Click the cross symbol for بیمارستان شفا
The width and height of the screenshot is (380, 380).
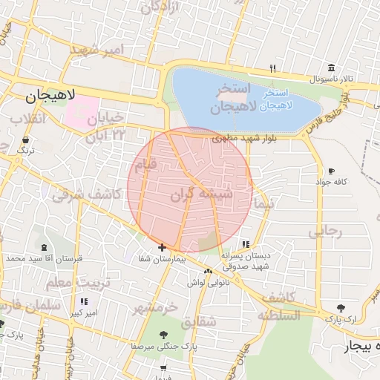pyautogui.click(x=162, y=247)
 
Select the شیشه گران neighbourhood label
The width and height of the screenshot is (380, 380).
pyautogui.click(x=201, y=194)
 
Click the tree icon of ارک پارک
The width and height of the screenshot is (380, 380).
pyautogui.click(x=341, y=307)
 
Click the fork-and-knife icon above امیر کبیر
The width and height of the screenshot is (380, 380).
pyautogui.click(x=84, y=301)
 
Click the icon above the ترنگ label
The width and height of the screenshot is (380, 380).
pyautogui.click(x=26, y=139)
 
